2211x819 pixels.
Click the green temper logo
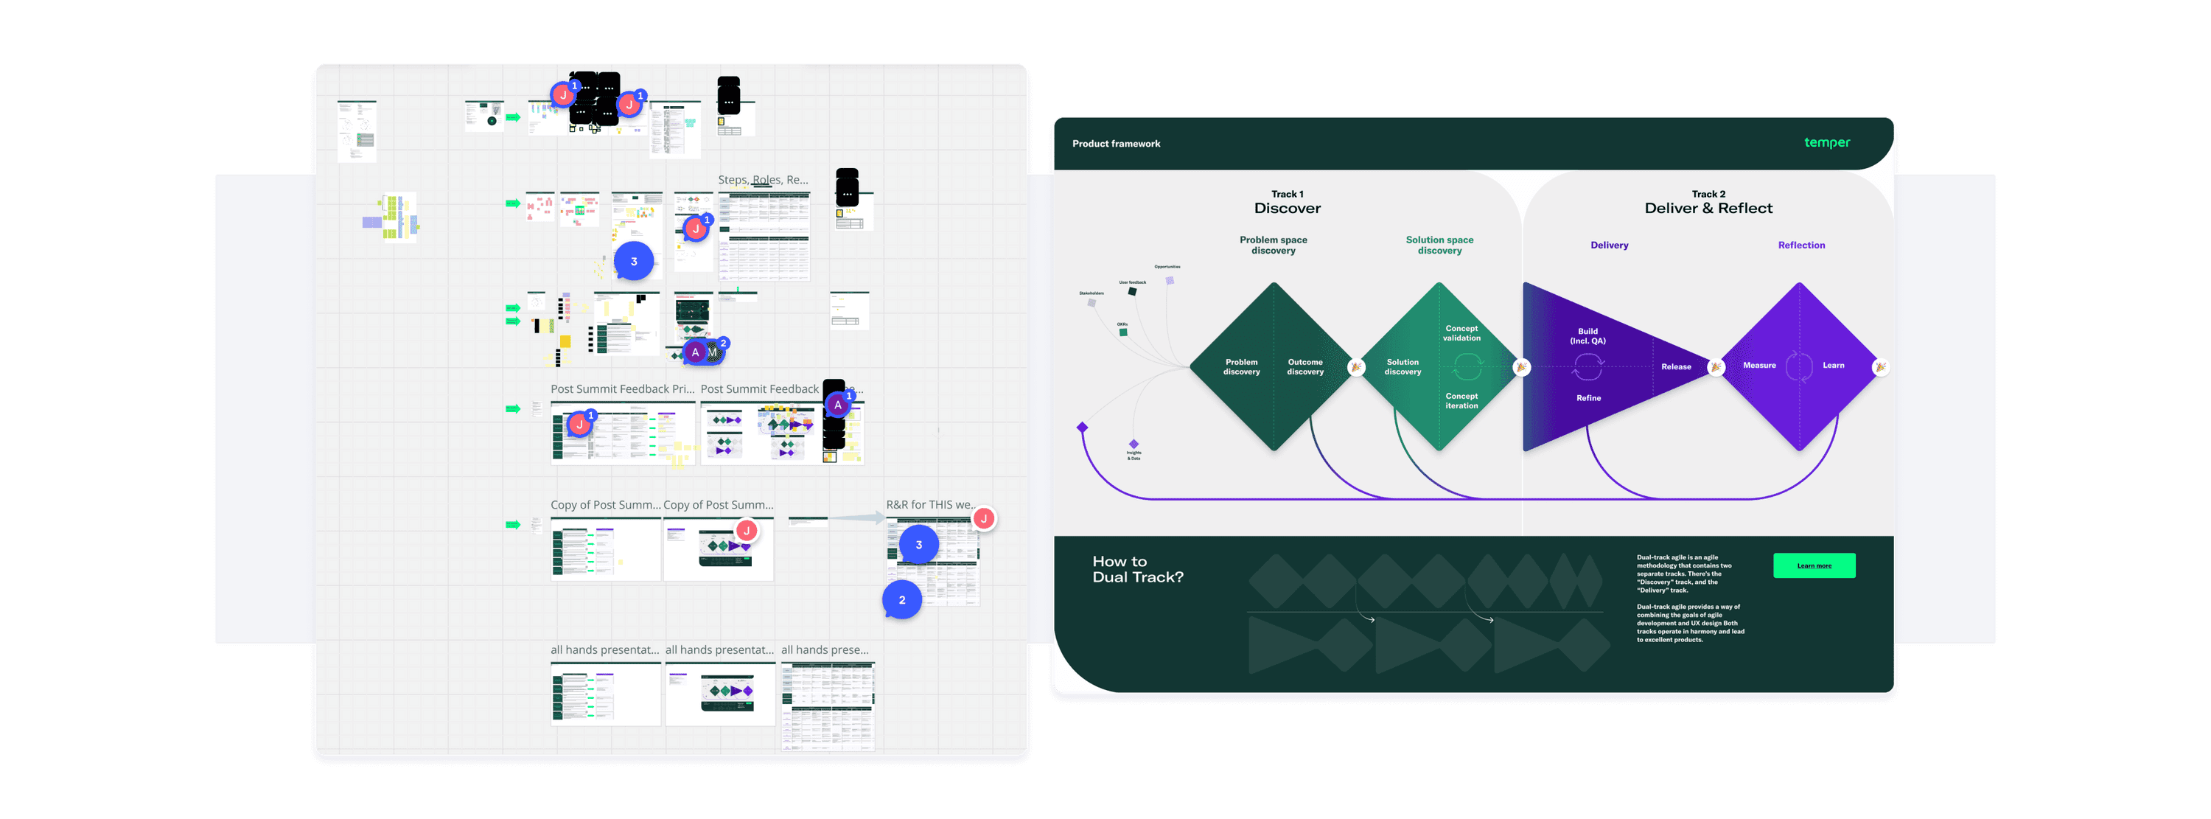(1826, 142)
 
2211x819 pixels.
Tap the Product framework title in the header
(1116, 143)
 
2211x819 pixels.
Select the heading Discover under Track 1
(1287, 208)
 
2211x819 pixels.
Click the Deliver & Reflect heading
(1708, 208)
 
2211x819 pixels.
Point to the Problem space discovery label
(1273, 245)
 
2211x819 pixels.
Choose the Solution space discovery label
(1439, 245)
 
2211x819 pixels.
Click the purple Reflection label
(1800, 245)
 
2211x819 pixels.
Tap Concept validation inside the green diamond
(1461, 333)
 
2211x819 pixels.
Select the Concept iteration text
(1461, 401)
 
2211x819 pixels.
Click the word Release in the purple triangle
(1675, 366)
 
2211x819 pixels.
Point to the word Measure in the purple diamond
(1758, 365)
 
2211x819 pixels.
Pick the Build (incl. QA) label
(1587, 335)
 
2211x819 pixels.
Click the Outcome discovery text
(1304, 366)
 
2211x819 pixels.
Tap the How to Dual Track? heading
(1137, 569)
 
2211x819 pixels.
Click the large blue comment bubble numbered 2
(901, 600)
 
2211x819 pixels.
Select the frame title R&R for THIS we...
(929, 505)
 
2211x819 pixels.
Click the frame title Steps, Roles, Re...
(762, 179)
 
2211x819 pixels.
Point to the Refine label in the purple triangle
(1588, 397)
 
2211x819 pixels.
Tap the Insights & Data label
(1134, 455)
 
